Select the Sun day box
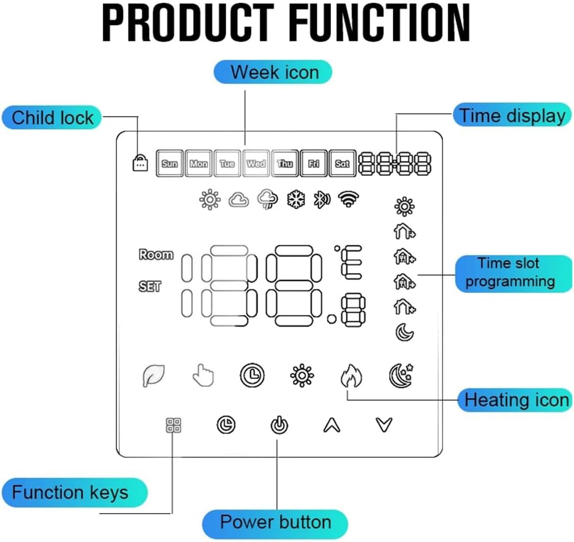tap(170, 164)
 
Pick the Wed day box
tap(256, 164)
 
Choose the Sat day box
tap(342, 164)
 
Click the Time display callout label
tap(512, 115)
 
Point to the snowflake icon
tap(295, 200)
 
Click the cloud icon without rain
tap(239, 200)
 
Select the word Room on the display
tap(156, 255)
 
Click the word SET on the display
tap(150, 287)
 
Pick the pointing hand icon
tap(202, 375)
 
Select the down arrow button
tap(384, 425)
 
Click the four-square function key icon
tap(173, 425)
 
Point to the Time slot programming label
tap(510, 273)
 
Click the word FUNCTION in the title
tap(380, 24)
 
